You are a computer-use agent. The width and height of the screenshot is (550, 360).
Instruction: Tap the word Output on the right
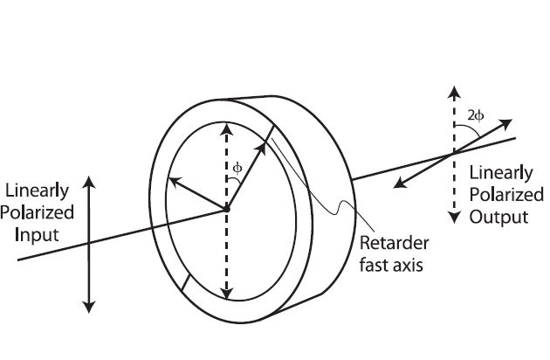pos(498,216)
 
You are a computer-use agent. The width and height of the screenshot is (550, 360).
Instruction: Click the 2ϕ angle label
pos(477,114)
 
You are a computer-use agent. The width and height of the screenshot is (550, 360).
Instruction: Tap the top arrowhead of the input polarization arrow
pos(88,181)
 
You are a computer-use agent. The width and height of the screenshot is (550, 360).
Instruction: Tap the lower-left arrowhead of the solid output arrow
pos(398,183)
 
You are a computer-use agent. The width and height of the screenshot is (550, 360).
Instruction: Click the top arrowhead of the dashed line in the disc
pos(227,128)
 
